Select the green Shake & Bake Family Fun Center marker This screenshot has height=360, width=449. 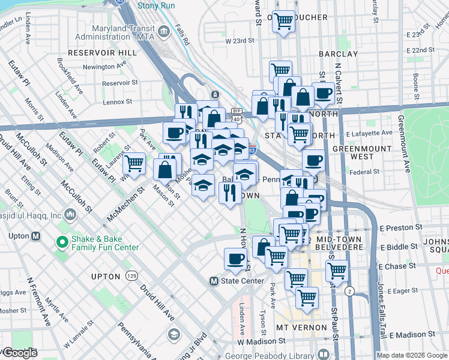point(61,242)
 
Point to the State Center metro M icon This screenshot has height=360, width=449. point(214,281)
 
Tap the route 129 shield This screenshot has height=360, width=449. point(131,275)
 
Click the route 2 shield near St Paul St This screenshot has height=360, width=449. point(349,290)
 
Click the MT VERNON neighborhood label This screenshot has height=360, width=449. point(301,328)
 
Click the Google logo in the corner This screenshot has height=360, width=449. point(20,352)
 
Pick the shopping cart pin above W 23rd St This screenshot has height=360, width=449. point(283,22)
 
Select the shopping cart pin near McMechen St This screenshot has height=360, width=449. point(134,163)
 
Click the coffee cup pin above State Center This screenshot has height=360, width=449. point(235,259)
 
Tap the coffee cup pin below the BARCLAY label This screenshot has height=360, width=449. point(323,93)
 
